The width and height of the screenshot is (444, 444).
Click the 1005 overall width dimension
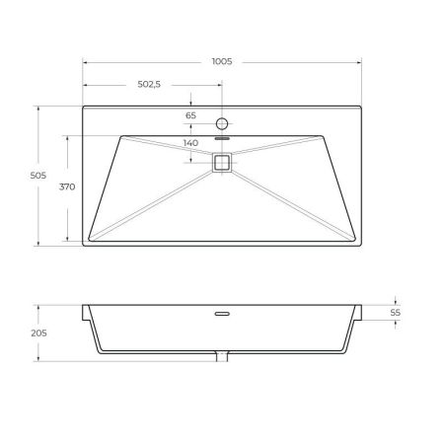(221, 61)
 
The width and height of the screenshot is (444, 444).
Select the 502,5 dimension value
(148, 85)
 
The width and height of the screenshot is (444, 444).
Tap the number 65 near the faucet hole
(191, 115)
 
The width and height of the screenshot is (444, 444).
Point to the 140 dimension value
(191, 144)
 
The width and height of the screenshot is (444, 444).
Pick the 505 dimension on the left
(38, 176)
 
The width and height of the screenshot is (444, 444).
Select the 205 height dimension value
(38, 333)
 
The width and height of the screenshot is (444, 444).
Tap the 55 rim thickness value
(396, 312)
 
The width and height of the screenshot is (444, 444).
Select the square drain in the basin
(222, 163)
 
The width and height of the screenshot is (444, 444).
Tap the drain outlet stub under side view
(222, 357)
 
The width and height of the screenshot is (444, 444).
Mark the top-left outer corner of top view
(83, 107)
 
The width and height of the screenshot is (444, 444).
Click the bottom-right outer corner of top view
(362, 246)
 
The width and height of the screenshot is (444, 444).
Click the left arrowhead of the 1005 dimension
(84, 61)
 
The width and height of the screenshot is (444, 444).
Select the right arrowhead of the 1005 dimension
(361, 61)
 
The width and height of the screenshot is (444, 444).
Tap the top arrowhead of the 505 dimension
(38, 108)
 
